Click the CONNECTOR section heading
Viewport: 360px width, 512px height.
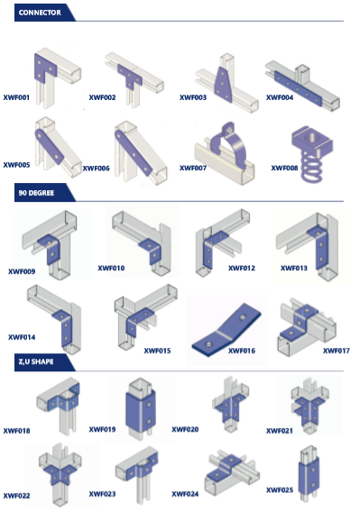click(40, 13)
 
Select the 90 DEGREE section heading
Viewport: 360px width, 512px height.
click(36, 193)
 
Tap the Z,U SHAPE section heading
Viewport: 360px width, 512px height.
click(36, 361)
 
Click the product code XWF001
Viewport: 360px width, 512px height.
click(16, 97)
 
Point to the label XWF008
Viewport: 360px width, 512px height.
click(284, 168)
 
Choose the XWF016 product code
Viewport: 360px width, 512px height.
click(242, 351)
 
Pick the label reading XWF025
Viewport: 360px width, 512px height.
click(280, 489)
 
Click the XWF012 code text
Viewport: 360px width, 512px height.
click(242, 268)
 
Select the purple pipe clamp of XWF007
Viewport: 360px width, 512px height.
click(229, 143)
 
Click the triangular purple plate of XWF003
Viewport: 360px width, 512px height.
click(223, 84)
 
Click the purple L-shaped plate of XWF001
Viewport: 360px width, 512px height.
click(44, 68)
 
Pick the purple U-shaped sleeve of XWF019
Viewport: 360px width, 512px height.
click(140, 411)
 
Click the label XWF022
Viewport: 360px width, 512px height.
click(16, 496)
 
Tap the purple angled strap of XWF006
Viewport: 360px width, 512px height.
click(134, 153)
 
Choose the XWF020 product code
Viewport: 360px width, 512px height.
click(185, 429)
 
